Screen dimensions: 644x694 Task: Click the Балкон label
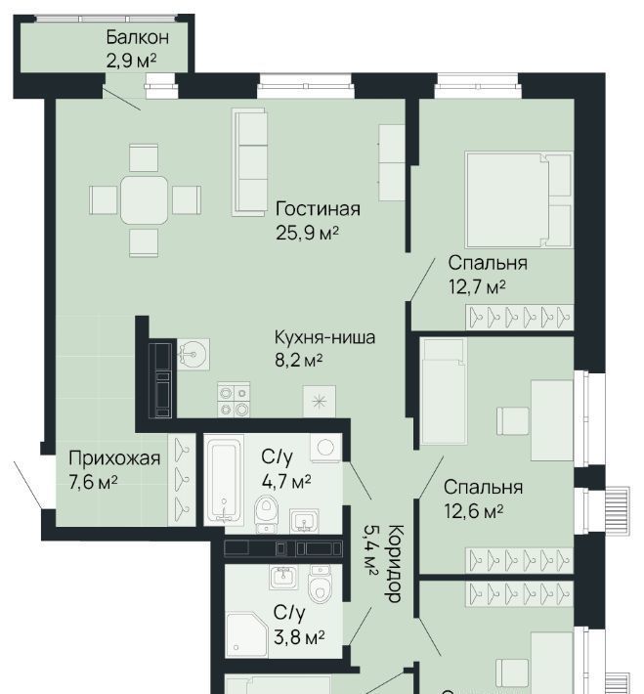pos(137,37)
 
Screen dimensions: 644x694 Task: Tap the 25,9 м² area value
pos(308,233)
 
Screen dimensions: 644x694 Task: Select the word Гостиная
pos(318,208)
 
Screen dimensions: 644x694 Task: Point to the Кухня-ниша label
pos(324,337)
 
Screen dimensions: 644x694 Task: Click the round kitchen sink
pos(193,354)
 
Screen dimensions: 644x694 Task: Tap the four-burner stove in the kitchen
pos(234,399)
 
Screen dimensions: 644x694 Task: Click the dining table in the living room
pos(145,200)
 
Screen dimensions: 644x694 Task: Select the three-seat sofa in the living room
pos(250,162)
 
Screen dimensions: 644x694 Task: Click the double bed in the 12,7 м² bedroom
pos(519,199)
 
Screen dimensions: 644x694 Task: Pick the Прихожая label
pos(114,458)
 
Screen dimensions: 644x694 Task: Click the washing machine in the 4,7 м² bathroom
pos(325,448)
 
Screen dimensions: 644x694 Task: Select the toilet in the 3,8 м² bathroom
pos(320,584)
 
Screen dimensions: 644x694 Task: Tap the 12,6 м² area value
pos(473,511)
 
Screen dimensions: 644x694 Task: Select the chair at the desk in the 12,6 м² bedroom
pos(512,421)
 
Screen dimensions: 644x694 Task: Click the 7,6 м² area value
pos(93,482)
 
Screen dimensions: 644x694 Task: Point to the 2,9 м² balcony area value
pos(131,61)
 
